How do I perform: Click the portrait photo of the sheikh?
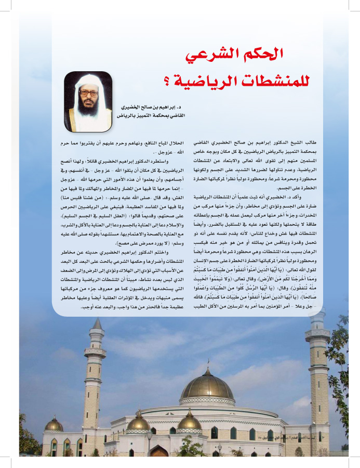[88, 101]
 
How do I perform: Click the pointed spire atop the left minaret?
[97, 325]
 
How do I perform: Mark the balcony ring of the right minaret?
[317, 335]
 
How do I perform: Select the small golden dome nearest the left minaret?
[54, 424]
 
